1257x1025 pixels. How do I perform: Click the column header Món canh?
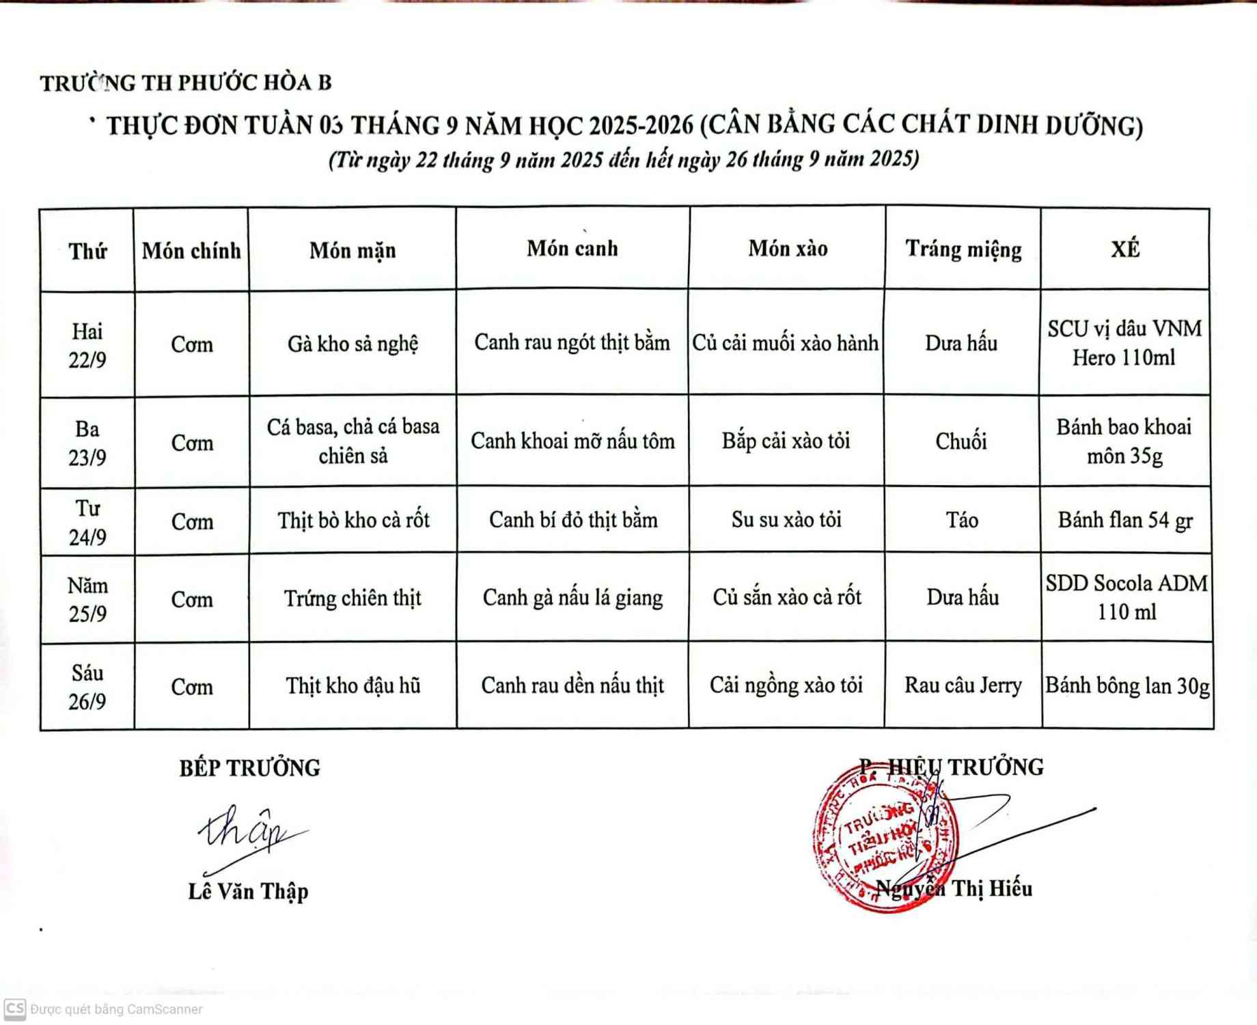[x=572, y=249]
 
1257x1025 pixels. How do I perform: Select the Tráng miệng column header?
[x=963, y=250]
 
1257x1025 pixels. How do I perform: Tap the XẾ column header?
[x=1125, y=249]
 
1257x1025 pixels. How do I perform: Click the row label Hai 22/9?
[x=87, y=345]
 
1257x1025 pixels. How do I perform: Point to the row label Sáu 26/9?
[x=87, y=687]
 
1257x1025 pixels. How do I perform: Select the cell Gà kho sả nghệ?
[x=353, y=344]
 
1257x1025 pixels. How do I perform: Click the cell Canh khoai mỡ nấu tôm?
[x=572, y=441]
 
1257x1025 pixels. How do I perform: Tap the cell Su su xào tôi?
[x=786, y=520]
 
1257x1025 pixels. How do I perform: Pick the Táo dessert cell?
[x=962, y=521]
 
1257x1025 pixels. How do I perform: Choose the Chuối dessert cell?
[x=961, y=441]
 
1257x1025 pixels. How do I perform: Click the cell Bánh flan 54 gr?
[x=1125, y=521]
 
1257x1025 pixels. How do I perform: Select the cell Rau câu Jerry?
[x=963, y=685]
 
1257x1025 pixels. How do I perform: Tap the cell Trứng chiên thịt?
[x=353, y=599]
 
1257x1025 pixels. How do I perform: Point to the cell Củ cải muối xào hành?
[x=786, y=343]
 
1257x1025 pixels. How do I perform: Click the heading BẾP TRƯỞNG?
[x=250, y=768]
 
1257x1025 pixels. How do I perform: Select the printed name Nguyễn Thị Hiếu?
[x=954, y=889]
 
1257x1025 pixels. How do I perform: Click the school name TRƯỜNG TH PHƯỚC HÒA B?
[x=186, y=83]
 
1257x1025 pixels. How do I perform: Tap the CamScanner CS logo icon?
[x=14, y=1009]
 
